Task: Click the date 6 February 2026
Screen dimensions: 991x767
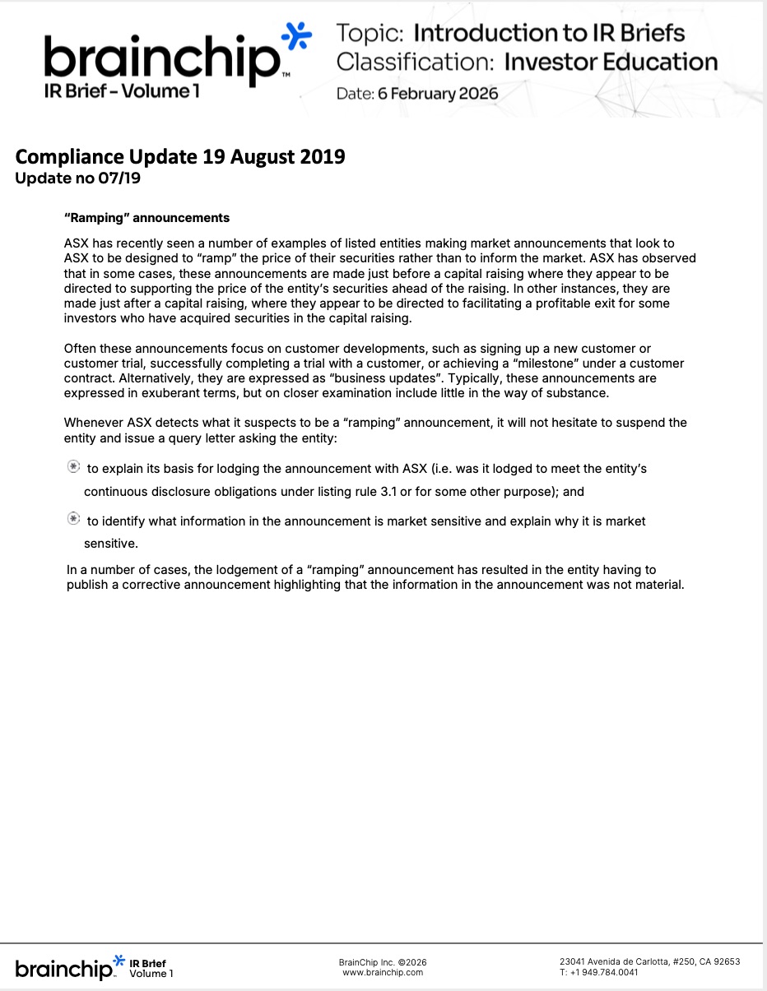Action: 438,93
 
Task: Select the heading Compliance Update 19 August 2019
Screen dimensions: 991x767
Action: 180,156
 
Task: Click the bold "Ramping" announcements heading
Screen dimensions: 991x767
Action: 146,218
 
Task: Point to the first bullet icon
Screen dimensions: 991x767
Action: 73,467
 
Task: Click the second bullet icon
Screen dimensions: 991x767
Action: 73,520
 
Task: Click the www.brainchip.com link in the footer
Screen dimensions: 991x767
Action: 383,972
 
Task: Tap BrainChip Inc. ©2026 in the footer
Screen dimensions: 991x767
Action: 383,962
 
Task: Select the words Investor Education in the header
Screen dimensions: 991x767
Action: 611,62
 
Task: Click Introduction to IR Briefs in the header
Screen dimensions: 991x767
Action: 549,33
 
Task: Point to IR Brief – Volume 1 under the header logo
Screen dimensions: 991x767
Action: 122,91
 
